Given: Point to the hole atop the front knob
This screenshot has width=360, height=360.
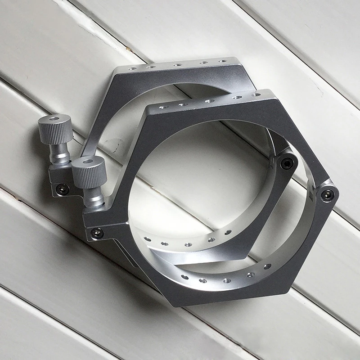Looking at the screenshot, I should click(87, 160).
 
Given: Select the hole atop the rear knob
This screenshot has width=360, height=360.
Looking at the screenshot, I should click(54, 118).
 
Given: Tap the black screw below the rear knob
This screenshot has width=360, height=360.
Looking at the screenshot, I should click(61, 190).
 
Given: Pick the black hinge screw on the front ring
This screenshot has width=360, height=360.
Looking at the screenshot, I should click(328, 195).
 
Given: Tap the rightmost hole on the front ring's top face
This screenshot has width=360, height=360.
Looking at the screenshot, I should click(256, 95).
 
